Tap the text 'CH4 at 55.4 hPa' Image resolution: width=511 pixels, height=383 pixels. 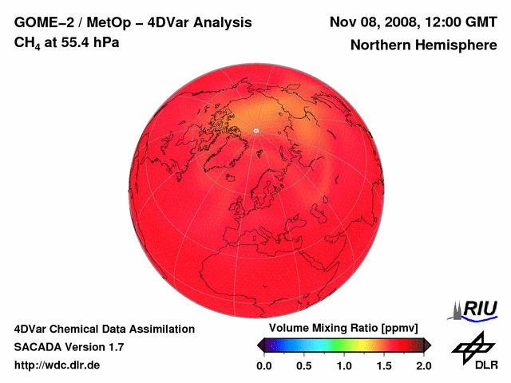(67, 41)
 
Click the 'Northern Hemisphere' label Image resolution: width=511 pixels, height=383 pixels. (423, 45)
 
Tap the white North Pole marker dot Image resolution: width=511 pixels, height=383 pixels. (255, 130)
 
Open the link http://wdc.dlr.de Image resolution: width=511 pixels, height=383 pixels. (57, 365)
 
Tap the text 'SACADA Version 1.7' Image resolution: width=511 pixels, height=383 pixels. (69, 347)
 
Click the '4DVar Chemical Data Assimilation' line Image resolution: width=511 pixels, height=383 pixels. (104, 329)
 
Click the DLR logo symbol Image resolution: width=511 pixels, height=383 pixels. (472, 346)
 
